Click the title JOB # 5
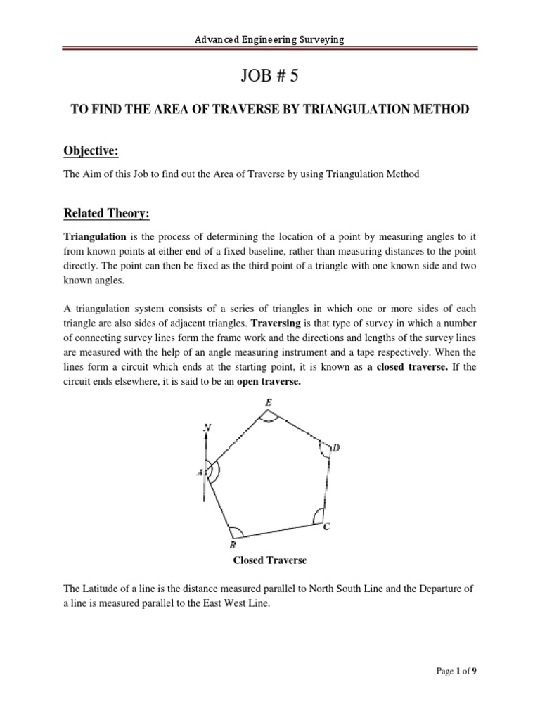coord(270,77)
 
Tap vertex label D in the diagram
coord(336,449)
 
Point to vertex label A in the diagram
coord(199,472)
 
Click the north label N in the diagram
coord(206,426)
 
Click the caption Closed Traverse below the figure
coord(270,561)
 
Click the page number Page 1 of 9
coord(456,691)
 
